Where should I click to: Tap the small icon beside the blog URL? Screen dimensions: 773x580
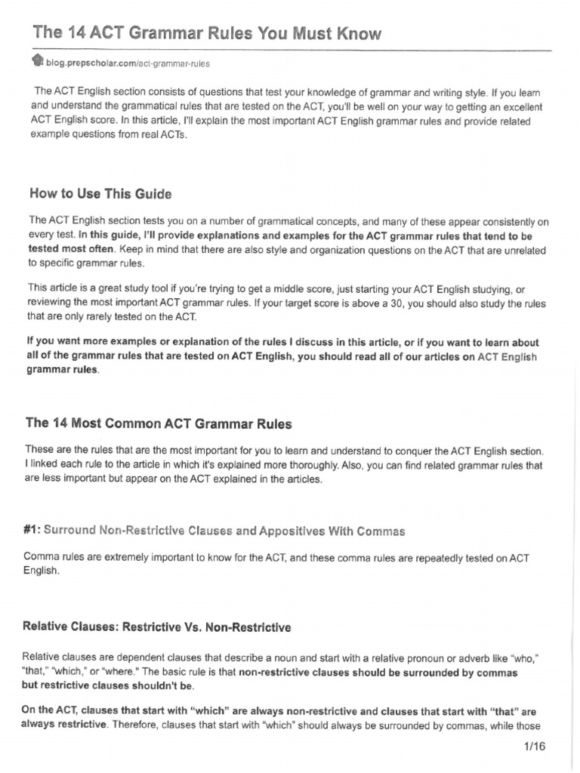(39, 62)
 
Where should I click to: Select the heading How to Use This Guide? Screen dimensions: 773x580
(100, 194)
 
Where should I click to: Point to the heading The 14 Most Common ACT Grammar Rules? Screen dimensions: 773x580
(159, 424)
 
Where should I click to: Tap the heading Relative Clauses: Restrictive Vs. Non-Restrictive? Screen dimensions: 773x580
(156, 627)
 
